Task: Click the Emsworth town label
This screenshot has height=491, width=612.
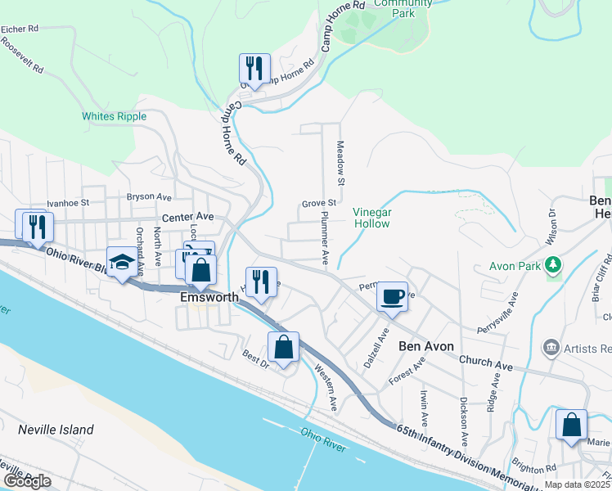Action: pyautogui.click(x=209, y=298)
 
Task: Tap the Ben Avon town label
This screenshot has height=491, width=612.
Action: pyautogui.click(x=425, y=346)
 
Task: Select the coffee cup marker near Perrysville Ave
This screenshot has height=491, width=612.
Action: pyautogui.click(x=393, y=296)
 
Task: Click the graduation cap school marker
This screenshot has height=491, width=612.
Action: pyautogui.click(x=122, y=263)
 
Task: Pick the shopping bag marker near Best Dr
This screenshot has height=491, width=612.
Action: pyautogui.click(x=283, y=347)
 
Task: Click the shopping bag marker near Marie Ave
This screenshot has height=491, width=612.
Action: pyautogui.click(x=571, y=425)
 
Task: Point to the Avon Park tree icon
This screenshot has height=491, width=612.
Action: pyautogui.click(x=554, y=264)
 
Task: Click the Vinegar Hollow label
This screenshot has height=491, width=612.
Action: pyautogui.click(x=372, y=217)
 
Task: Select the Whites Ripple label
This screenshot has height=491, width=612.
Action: pyautogui.click(x=114, y=116)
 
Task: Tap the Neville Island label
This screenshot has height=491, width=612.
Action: pyautogui.click(x=56, y=430)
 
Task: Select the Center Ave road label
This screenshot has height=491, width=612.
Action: pyautogui.click(x=187, y=217)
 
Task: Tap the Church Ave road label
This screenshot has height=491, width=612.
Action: pyautogui.click(x=485, y=362)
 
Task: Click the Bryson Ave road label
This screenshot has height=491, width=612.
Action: pyautogui.click(x=149, y=197)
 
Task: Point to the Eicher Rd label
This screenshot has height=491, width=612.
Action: pyautogui.click(x=20, y=29)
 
